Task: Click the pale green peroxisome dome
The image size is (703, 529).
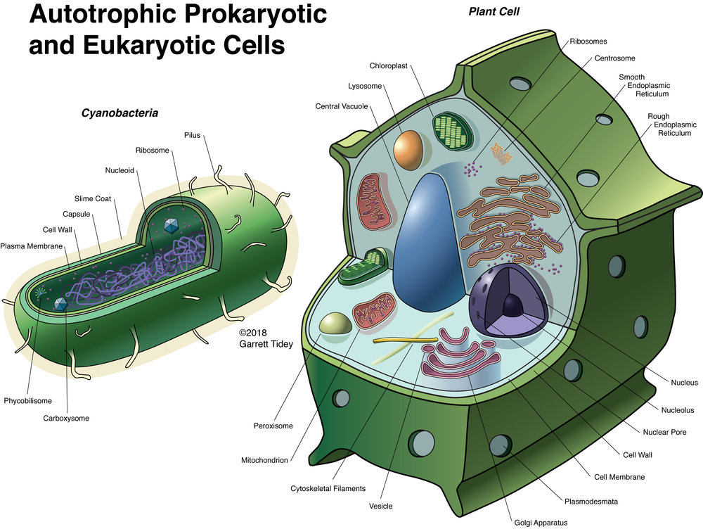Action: pos(335,324)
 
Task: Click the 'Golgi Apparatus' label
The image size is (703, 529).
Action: pos(538,522)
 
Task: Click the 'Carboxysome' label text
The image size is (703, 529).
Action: pos(66,419)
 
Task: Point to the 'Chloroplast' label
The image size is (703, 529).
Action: pos(387,66)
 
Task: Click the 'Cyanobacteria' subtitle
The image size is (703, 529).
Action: pos(119,112)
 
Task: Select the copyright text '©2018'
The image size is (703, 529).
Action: pos(254,333)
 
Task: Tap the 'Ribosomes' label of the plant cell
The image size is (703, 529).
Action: pos(588,42)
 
